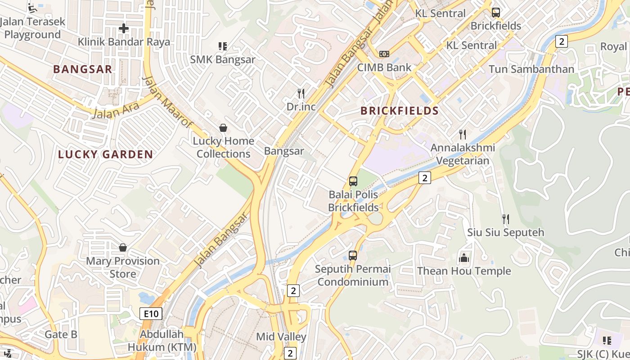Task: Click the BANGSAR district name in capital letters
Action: (82, 69)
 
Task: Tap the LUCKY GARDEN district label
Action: (105, 154)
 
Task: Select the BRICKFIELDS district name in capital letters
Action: (400, 111)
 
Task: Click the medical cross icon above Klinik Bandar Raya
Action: (123, 28)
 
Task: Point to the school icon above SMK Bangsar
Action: (222, 46)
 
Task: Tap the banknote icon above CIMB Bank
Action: (384, 54)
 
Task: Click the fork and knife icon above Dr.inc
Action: (301, 93)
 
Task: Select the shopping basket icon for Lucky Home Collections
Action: (223, 128)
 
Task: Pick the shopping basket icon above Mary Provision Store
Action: (122, 247)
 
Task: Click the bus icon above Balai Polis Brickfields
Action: (353, 181)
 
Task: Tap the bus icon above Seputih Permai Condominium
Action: (353, 256)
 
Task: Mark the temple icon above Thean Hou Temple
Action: (463, 258)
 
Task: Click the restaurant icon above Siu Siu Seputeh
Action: (506, 219)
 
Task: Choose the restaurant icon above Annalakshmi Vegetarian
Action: (462, 134)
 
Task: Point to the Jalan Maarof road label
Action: (167, 102)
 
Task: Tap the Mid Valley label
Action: (281, 337)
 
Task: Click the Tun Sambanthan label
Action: (531, 69)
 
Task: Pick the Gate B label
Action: (61, 334)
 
